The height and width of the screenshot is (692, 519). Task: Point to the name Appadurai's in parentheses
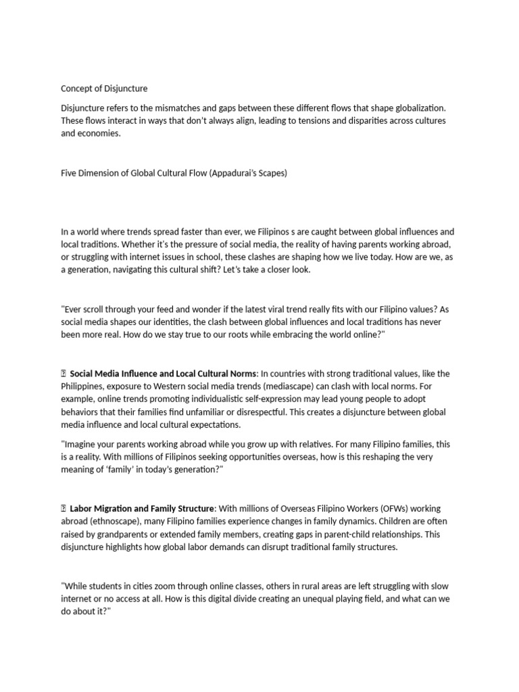tap(236, 173)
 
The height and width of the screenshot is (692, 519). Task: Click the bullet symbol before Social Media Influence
tap(64, 374)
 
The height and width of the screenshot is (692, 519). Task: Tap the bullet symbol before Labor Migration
tap(64, 508)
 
